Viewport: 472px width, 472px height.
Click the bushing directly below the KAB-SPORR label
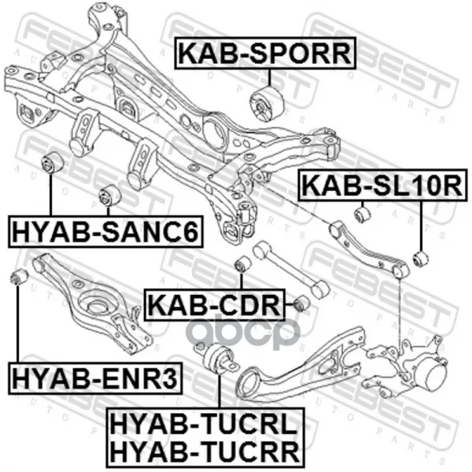(x=264, y=104)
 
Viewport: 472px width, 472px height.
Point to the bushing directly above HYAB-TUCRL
(x=218, y=363)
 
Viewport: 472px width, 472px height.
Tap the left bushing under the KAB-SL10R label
(x=363, y=213)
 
